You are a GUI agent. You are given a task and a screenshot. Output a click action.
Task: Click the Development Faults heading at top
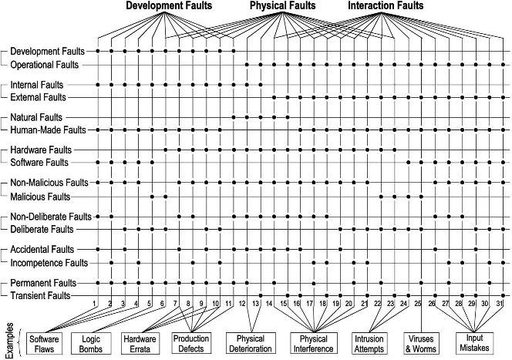[x=169, y=5]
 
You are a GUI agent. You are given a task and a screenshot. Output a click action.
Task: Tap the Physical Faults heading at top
[x=283, y=5]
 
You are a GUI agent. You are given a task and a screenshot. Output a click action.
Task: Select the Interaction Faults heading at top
[x=386, y=5]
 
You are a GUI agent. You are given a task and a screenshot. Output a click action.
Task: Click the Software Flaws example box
[x=44, y=344]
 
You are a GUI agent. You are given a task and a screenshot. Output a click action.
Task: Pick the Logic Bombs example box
[x=91, y=344]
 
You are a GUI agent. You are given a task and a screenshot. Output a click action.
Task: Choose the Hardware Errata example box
[x=140, y=344]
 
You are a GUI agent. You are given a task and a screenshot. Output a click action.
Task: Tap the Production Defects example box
[x=191, y=343]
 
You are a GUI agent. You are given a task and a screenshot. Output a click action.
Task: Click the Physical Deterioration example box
[x=251, y=343]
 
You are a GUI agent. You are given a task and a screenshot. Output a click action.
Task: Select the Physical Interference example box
[x=314, y=343]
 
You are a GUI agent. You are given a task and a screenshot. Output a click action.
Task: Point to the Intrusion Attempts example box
[x=369, y=344]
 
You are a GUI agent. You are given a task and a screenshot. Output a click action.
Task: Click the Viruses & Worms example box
[x=421, y=344]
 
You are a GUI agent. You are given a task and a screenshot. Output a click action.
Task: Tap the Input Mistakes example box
[x=474, y=343]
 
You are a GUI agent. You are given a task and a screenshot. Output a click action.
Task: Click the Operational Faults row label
[x=45, y=65]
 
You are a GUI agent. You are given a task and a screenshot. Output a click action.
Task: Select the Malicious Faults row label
[x=41, y=197]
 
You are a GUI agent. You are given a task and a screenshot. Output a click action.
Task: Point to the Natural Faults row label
[x=36, y=117]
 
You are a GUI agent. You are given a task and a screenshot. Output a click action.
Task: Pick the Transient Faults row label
[x=41, y=296]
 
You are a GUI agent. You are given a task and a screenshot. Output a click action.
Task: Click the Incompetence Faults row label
[x=49, y=263]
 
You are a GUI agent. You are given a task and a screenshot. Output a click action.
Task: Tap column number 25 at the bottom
[x=418, y=304]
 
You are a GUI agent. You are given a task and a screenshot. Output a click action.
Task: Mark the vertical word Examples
[x=10, y=341]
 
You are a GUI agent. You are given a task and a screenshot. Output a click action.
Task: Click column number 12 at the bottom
[x=242, y=304]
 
